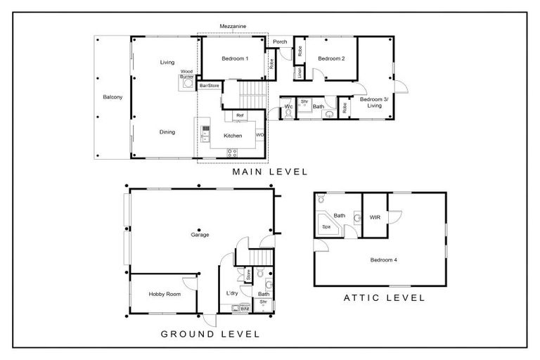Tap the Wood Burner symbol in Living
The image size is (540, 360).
(x=187, y=83)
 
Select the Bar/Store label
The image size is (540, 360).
(x=209, y=85)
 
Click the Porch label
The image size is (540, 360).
(x=279, y=42)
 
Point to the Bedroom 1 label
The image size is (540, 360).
(x=235, y=58)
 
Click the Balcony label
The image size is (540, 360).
(x=112, y=97)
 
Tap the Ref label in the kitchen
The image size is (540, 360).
(x=240, y=115)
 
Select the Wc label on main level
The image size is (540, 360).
(x=288, y=107)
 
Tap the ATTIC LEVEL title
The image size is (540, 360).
(x=384, y=297)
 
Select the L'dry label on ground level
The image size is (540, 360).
(x=231, y=292)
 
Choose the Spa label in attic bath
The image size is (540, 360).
(x=326, y=227)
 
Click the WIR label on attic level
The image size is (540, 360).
(x=375, y=217)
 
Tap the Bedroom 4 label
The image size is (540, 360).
(x=384, y=259)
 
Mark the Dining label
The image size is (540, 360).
(x=167, y=131)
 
